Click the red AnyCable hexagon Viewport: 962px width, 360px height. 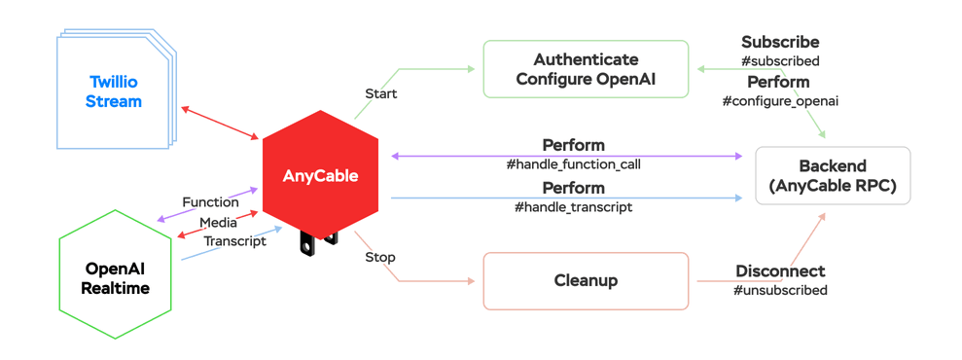(x=320, y=175)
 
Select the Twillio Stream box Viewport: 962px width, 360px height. (x=114, y=92)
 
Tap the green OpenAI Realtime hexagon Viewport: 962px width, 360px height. (x=116, y=276)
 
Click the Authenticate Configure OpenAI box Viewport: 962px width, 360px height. (x=586, y=69)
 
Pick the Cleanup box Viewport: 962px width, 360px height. (x=586, y=280)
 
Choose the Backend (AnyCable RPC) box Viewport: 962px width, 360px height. (x=833, y=176)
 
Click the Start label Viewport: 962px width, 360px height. (x=380, y=94)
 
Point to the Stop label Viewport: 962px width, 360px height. (x=380, y=257)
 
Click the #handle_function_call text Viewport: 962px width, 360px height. (x=573, y=164)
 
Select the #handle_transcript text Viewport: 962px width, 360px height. (x=573, y=206)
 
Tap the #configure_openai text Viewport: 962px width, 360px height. (x=780, y=101)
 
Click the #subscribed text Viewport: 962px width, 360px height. (x=780, y=61)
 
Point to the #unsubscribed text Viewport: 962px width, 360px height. (x=780, y=290)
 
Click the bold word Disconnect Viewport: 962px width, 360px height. (x=780, y=270)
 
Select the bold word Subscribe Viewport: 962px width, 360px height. (x=780, y=42)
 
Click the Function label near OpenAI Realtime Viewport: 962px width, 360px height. (x=210, y=202)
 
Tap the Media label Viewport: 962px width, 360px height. (x=218, y=223)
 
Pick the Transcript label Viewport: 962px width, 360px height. (x=234, y=241)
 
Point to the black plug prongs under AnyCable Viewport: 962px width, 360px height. (x=321, y=241)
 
